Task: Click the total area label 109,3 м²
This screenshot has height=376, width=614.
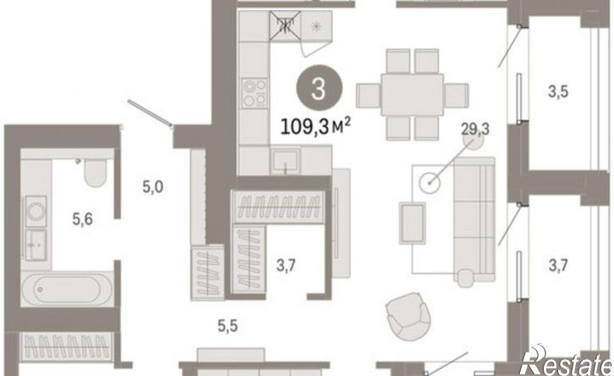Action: [x=315, y=127]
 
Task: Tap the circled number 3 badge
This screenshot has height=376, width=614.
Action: [x=319, y=89]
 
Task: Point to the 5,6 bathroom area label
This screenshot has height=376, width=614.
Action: [x=83, y=219]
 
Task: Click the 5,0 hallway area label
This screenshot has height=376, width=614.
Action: [x=152, y=187]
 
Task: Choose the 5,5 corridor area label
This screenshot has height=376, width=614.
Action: [x=228, y=325]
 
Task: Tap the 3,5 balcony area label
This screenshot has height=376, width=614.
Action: [x=558, y=91]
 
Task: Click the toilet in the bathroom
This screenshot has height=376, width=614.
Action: [x=94, y=173]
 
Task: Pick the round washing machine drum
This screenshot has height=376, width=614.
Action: [x=36, y=212]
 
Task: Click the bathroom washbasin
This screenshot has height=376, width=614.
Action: [x=36, y=245]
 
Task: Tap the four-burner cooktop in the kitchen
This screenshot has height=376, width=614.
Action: [x=255, y=94]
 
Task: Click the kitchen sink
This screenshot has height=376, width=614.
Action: [x=285, y=160]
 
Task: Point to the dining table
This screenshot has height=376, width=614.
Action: [x=412, y=94]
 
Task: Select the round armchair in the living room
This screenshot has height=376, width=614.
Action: [x=408, y=316]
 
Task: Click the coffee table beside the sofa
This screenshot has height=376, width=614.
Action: [x=412, y=223]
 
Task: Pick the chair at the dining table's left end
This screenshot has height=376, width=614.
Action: [x=368, y=95]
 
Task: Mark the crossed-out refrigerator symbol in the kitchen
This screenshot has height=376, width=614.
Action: [x=285, y=26]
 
